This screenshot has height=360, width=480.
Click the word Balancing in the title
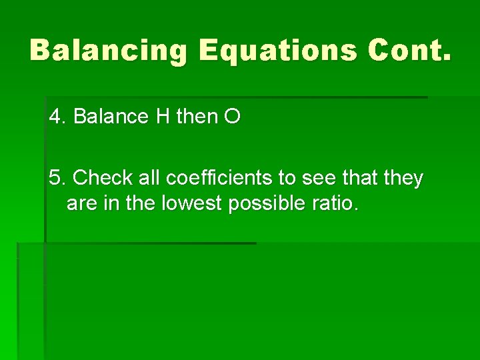coord(109,50)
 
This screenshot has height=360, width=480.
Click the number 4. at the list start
coord(58,117)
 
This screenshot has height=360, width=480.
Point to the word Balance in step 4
coord(111,117)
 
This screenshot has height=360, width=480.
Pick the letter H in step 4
coord(163,117)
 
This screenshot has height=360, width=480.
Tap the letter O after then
coord(233,117)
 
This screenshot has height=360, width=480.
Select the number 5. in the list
coord(58,178)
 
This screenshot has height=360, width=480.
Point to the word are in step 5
coord(81,203)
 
